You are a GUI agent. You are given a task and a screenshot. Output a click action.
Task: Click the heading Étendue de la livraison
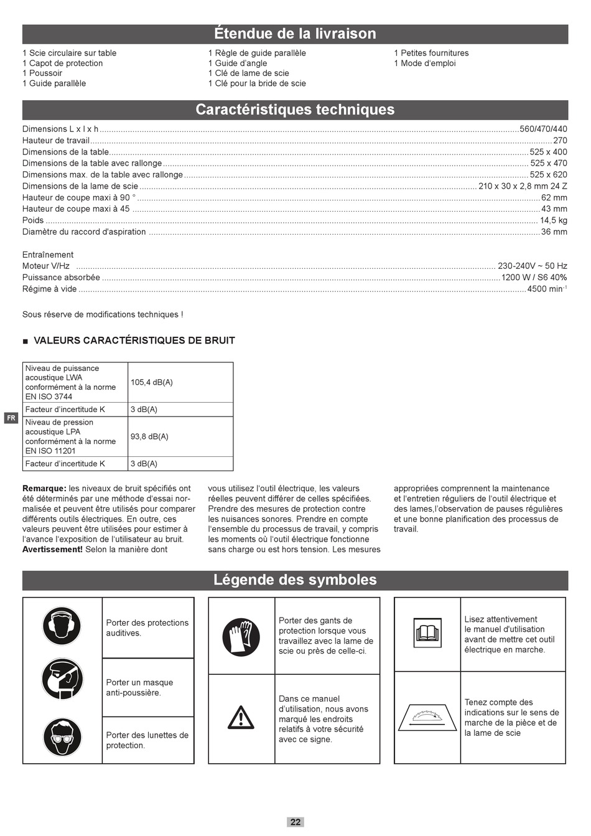(295, 34)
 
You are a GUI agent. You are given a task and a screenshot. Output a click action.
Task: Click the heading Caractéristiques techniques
(295, 110)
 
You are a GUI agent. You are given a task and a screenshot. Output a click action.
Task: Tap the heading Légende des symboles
(295, 580)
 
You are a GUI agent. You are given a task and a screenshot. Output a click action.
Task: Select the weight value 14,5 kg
(553, 220)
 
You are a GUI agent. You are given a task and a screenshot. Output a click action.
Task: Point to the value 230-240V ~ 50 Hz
(532, 266)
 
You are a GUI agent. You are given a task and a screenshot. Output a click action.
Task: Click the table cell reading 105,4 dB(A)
(152, 382)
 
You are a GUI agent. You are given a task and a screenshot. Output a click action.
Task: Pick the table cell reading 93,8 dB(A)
(149, 436)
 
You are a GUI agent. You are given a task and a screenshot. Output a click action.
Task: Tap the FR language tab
(11, 418)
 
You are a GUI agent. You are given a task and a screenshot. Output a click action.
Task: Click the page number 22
(295, 822)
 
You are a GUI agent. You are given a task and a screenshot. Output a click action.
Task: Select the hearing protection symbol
(62, 626)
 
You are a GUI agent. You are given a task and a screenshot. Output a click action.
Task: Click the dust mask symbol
(62, 680)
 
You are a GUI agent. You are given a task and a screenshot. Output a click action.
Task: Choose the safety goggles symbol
(62, 737)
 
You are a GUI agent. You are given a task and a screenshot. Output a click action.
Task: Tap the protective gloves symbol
(241, 637)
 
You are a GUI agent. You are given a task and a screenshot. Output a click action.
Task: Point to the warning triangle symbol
(241, 717)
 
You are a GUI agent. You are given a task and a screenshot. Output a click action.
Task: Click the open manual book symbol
(427, 633)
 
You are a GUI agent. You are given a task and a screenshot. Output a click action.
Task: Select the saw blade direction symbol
(427, 717)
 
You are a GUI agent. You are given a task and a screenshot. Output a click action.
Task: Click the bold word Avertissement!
(52, 550)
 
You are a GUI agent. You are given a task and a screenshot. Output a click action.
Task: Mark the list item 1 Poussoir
(42, 73)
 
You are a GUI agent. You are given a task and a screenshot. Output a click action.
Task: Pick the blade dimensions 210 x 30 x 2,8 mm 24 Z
(523, 186)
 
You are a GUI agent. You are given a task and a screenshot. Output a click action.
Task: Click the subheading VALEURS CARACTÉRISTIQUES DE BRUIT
(134, 341)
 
